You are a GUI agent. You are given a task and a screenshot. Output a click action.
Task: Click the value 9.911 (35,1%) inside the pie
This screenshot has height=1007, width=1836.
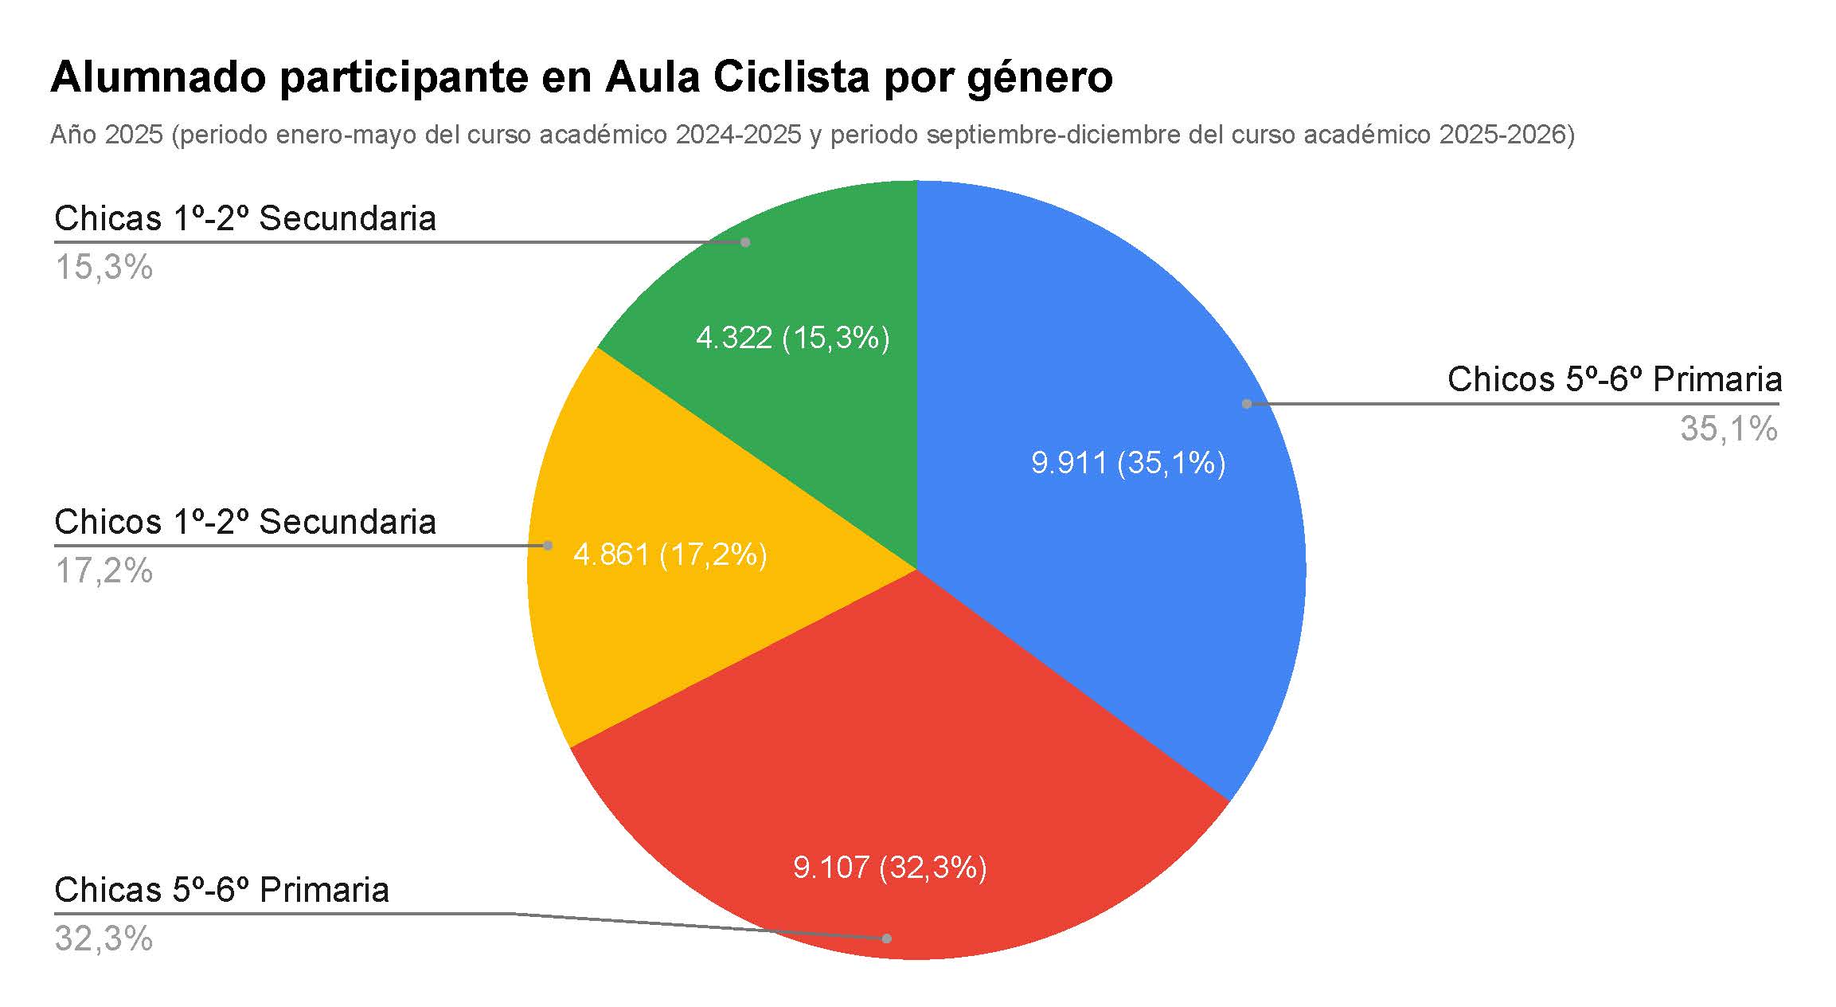coord(1128,463)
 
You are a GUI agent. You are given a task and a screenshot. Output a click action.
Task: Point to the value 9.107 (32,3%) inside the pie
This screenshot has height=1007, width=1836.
coord(890,867)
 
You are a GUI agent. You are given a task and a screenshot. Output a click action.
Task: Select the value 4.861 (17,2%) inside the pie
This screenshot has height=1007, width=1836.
coord(670,554)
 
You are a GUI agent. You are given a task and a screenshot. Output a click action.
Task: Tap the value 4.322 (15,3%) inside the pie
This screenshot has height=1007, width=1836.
coord(793,339)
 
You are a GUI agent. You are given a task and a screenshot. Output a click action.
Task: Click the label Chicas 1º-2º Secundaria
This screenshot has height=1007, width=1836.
coord(245,218)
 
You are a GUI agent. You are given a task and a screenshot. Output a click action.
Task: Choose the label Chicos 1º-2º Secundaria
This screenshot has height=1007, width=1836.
coord(245,522)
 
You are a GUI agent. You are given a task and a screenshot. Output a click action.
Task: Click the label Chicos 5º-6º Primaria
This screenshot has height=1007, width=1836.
coord(1614,379)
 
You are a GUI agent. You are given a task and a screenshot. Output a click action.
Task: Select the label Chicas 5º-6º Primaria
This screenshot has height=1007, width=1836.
coord(221,890)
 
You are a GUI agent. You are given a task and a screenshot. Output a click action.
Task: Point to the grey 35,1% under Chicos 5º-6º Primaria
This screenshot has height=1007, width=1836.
coord(1729,429)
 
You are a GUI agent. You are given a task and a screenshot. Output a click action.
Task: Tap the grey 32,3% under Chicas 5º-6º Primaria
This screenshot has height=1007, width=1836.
coord(104,939)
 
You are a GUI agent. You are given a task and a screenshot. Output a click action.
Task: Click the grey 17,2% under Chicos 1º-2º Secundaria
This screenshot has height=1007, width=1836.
coord(104,571)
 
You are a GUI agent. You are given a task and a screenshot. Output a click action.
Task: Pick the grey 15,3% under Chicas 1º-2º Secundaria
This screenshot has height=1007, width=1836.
coord(104,268)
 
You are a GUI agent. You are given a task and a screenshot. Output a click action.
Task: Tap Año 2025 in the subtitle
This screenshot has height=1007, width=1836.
coord(107,135)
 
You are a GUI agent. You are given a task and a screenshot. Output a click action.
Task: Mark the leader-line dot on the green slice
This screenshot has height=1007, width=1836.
coord(745,242)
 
